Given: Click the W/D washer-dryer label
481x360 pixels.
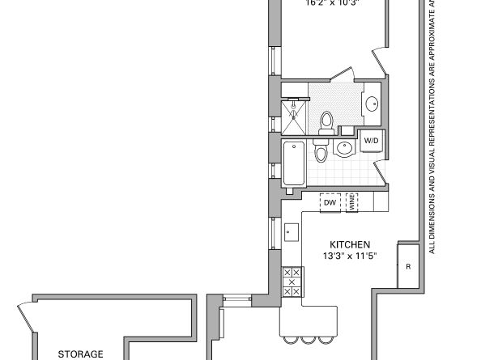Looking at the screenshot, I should [x=371, y=141].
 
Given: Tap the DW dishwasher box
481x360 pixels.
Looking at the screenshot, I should [x=330, y=202].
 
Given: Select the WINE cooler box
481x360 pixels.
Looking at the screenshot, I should [x=351, y=202].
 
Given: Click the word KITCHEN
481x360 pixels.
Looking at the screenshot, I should [x=350, y=244].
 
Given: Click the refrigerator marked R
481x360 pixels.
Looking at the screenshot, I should [x=408, y=266].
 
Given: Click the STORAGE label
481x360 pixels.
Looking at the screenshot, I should [x=80, y=354].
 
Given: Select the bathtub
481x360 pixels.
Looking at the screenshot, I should [x=293, y=163].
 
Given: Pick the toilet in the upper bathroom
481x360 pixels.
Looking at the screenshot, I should [x=326, y=121].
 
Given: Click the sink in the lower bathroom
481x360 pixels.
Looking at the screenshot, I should [x=345, y=149].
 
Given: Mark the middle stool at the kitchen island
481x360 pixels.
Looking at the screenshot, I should [x=309, y=338].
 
